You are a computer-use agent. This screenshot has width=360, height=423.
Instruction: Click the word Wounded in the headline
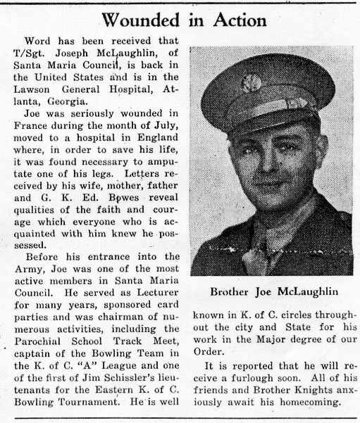pos(137,19)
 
